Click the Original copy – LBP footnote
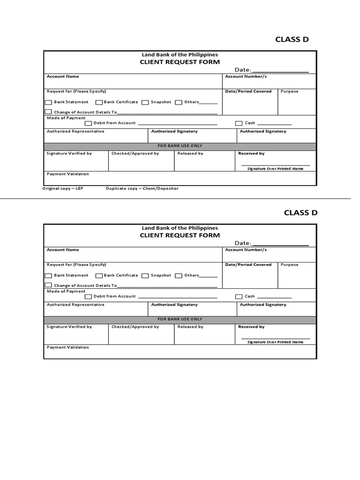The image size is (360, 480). point(63,188)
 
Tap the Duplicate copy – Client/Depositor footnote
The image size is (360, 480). point(142,188)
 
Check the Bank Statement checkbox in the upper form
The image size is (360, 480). point(48,102)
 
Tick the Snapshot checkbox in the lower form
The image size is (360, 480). point(145,276)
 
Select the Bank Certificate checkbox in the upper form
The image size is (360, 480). point(99,102)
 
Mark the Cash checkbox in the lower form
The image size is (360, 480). point(239,296)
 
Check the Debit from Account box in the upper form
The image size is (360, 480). point(88,123)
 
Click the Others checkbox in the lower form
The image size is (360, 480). point(179,276)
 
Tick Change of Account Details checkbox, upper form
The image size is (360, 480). point(48,112)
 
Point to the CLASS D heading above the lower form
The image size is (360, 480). point(300,213)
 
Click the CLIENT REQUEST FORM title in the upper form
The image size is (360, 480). point(180,62)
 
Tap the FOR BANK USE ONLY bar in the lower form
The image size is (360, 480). point(180,319)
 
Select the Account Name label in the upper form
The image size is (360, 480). point(63,76)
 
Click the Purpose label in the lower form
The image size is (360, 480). point(289,265)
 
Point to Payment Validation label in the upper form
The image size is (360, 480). point(67,174)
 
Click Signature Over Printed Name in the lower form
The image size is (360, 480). point(275,342)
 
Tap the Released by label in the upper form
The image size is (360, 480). point(190,153)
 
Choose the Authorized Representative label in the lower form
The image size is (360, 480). point(75,305)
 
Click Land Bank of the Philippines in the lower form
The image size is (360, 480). point(180,228)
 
